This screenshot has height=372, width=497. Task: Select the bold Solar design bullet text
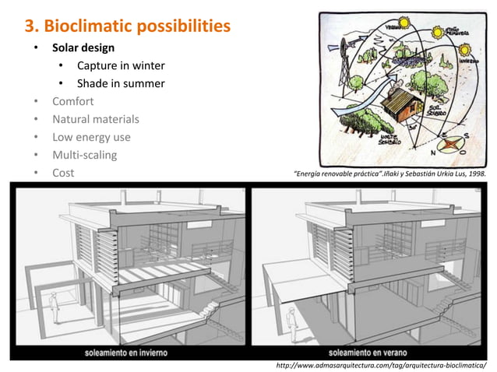point(83,48)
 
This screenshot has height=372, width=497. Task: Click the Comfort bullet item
point(72,101)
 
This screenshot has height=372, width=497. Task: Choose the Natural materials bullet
point(96,119)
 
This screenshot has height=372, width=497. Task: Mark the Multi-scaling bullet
point(84,155)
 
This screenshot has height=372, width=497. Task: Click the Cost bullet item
point(63,173)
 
